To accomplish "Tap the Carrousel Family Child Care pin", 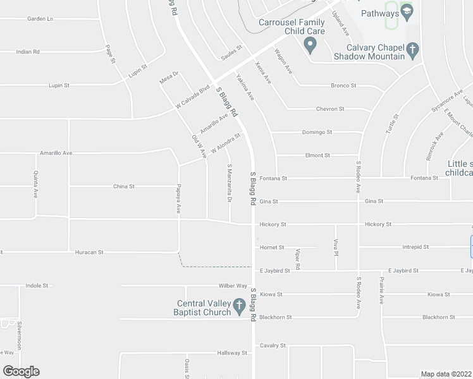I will (310, 45).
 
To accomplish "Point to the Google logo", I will (20, 371).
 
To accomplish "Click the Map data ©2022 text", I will (446, 374).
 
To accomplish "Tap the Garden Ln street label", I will (40, 19).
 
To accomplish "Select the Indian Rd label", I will (28, 52).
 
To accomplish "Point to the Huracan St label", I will (89, 252).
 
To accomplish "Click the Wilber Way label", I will (232, 286).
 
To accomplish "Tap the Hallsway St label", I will (231, 353).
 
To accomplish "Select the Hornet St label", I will (272, 248).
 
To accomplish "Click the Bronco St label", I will (343, 85).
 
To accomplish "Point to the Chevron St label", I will (330, 109).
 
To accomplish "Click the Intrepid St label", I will (415, 247).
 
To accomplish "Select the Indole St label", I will (37, 286).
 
